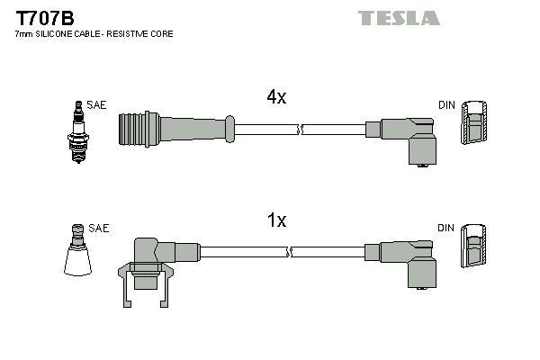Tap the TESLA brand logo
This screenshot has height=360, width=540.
(399, 18)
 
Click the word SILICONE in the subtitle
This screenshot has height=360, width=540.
(66, 33)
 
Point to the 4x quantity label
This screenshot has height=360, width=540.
(275, 98)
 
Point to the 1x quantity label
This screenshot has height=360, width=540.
(275, 220)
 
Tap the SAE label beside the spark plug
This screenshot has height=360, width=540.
(97, 105)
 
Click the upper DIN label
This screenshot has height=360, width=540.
(446, 105)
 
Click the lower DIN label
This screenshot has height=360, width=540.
(446, 229)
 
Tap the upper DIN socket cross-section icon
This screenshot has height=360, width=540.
(476, 124)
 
